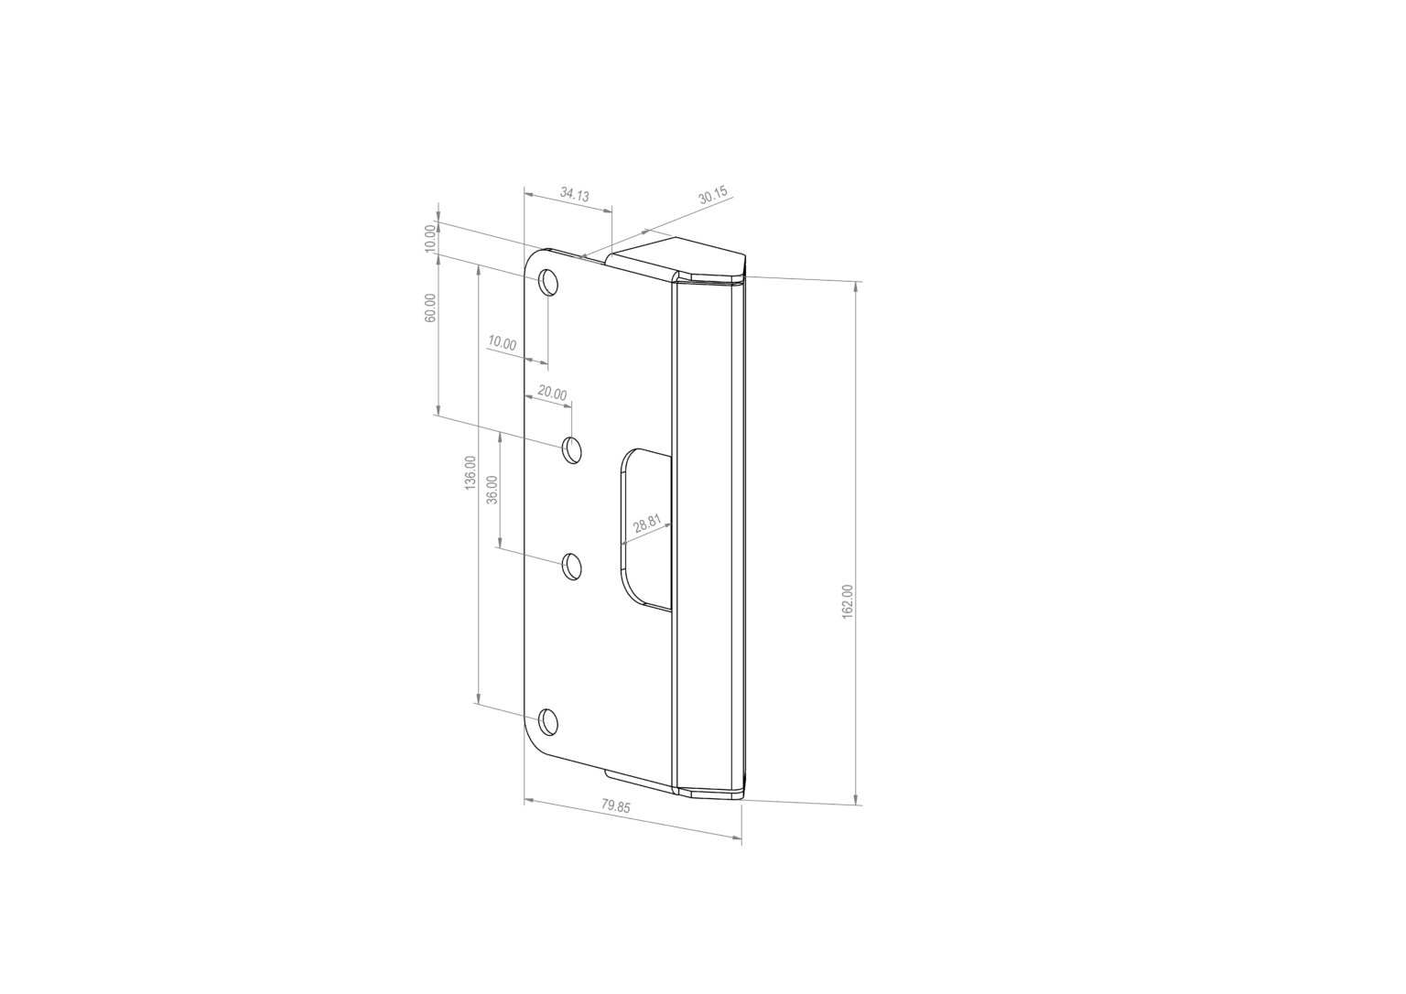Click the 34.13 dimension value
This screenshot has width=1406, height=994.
coord(575,195)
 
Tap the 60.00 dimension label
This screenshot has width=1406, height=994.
coord(430,308)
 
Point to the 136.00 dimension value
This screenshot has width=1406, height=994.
coord(470,472)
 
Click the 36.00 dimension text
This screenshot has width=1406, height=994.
coord(492,491)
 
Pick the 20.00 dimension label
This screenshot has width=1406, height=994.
coord(552,394)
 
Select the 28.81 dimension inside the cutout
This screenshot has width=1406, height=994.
coord(647,524)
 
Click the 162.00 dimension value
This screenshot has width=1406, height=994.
coord(848,600)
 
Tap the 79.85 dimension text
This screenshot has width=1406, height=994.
coord(616,806)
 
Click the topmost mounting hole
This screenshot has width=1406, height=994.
coord(548,282)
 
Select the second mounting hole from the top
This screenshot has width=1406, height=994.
coord(572,450)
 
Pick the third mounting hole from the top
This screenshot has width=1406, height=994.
coord(572,567)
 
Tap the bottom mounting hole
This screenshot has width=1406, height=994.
coord(548,722)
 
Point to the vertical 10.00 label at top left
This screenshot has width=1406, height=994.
coord(430,238)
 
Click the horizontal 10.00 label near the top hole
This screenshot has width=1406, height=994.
coord(502,343)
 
